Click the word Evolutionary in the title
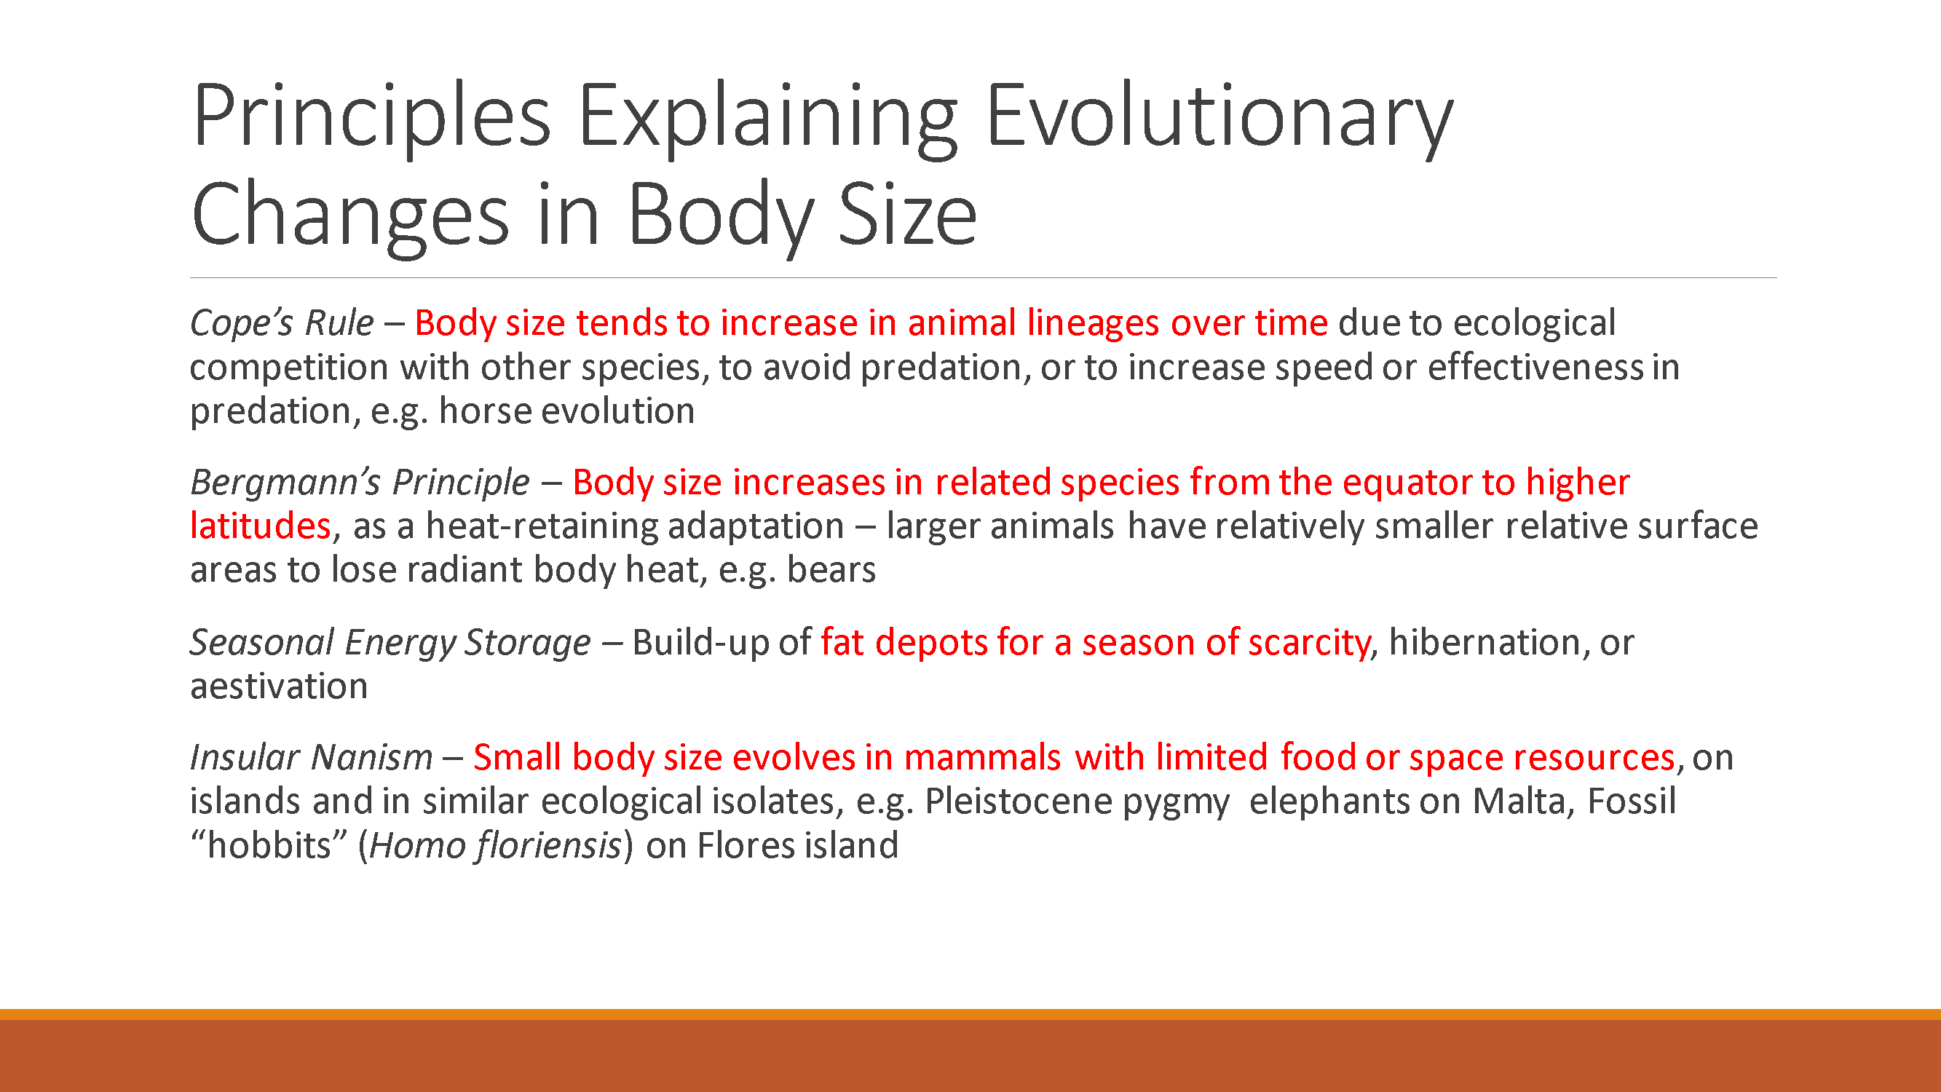click(x=1218, y=116)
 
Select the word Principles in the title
click(x=371, y=116)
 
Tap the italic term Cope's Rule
click(x=282, y=323)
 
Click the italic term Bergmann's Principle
click(x=360, y=483)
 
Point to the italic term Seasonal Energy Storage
click(x=390, y=643)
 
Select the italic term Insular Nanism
click(x=311, y=757)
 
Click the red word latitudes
click(x=260, y=526)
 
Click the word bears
click(x=831, y=571)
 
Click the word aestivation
click(x=279, y=687)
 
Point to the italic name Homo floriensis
click(x=495, y=845)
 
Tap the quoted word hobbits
click(x=268, y=845)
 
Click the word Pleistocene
click(x=1018, y=801)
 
